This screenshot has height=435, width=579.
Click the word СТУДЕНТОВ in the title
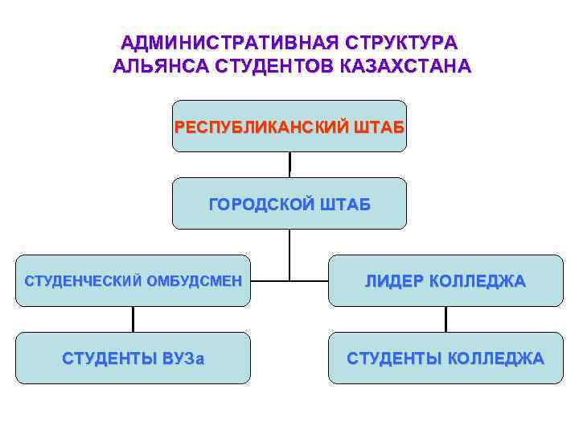[x=274, y=65]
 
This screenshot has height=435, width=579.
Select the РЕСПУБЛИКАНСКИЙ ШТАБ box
[x=289, y=126]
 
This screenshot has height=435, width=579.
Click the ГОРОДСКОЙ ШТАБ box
[x=289, y=204]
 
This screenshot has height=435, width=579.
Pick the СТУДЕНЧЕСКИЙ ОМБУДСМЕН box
[x=133, y=281]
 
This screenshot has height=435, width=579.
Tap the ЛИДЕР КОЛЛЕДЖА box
[x=446, y=281]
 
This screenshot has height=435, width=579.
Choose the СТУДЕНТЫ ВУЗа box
[x=133, y=358]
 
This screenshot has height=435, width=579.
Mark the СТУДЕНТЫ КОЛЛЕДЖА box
[x=446, y=358]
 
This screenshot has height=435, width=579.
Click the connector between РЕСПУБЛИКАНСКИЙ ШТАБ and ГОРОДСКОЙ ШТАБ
[x=289, y=164]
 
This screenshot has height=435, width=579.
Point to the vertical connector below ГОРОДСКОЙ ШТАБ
[x=289, y=255]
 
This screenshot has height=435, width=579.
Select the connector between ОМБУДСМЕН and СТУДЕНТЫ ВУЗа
[x=133, y=319]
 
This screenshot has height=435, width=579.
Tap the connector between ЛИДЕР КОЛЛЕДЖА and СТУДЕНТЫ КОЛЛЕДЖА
[x=446, y=319]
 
